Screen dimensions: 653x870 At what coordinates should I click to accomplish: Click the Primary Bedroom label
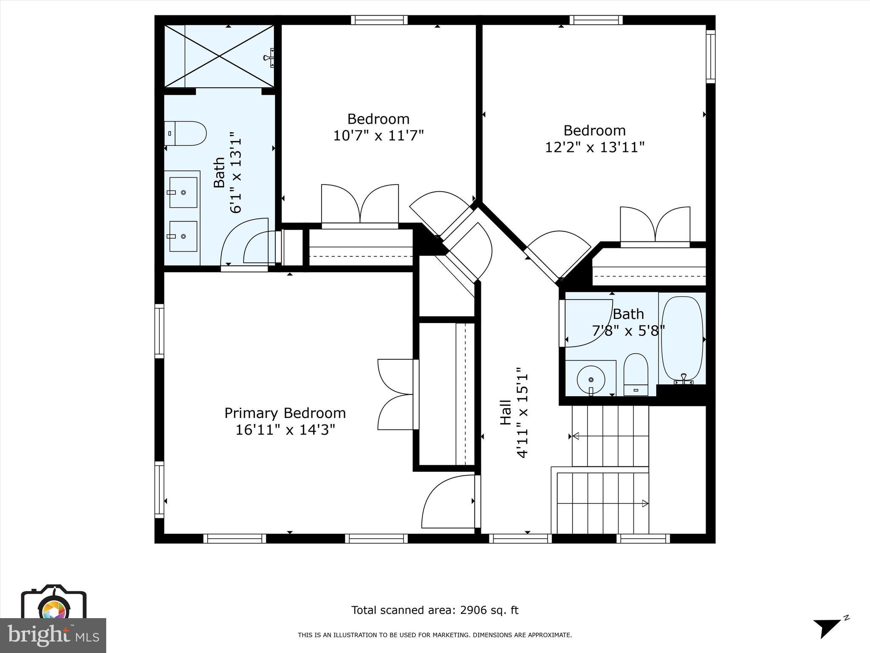coord(285,413)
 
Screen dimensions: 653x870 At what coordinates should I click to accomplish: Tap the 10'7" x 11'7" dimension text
coord(378,136)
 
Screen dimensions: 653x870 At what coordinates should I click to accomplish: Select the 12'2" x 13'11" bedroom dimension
coord(595,148)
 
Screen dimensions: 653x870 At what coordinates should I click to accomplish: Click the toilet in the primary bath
coord(186,133)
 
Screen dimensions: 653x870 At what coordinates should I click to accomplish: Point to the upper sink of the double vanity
coord(183,193)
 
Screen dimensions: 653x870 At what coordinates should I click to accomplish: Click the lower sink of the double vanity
coord(183,236)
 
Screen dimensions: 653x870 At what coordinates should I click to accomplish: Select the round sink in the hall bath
coord(591,378)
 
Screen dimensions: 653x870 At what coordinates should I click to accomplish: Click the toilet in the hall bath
coord(636,374)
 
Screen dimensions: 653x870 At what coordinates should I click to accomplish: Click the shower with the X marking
coord(219,56)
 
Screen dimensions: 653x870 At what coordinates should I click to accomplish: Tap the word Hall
coord(506,412)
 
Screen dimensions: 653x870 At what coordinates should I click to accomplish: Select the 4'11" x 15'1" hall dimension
coord(523,413)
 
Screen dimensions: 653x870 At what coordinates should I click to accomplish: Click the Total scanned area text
coord(435,610)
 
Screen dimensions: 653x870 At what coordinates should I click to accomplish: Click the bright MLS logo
coord(53,636)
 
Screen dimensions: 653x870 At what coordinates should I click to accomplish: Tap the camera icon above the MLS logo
coord(54,604)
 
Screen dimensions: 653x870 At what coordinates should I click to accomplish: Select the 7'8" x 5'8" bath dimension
coord(628,330)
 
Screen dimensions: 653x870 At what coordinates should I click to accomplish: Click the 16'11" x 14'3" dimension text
coord(285,430)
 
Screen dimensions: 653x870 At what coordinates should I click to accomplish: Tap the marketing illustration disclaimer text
coord(435,635)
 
